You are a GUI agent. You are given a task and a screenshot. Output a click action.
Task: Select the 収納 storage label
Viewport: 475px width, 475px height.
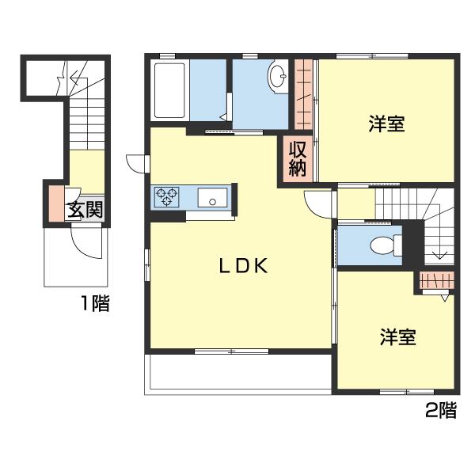coord(297,158)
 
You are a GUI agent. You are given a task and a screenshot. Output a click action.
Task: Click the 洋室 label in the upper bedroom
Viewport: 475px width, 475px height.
coord(386,124)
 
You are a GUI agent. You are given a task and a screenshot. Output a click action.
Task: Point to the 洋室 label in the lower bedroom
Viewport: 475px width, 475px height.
coord(397,337)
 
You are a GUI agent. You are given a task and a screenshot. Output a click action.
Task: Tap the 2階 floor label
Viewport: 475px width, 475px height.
coord(441,410)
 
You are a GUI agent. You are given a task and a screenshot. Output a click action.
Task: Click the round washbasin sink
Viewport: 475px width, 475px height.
coord(279,78)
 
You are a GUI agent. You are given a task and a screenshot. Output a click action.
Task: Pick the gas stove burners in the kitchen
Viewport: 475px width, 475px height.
coord(167,196)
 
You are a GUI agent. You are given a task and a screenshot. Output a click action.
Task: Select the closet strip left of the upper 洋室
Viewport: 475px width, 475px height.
coord(304,93)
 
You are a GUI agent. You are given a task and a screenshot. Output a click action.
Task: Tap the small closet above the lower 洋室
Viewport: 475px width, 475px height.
coord(435,279)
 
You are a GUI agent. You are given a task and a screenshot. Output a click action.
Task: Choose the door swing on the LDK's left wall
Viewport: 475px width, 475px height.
coord(136,164)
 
